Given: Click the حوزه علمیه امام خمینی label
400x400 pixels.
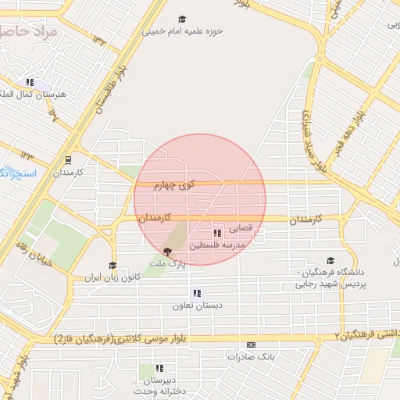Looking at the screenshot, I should point(182,32).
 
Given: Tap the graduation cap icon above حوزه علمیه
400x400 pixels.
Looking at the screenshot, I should point(182,20).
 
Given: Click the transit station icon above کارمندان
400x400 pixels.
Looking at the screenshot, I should point(67,158).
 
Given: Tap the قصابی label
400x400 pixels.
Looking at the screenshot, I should point(240,230).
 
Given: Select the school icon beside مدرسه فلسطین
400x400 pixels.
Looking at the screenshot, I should point(216,233).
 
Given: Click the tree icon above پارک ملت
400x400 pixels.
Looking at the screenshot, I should point(167,252).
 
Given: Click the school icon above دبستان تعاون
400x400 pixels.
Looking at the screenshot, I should point(197,293).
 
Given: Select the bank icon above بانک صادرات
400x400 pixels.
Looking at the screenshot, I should point(251,345).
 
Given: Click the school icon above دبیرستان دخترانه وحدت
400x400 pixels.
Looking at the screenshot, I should point(159,368).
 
